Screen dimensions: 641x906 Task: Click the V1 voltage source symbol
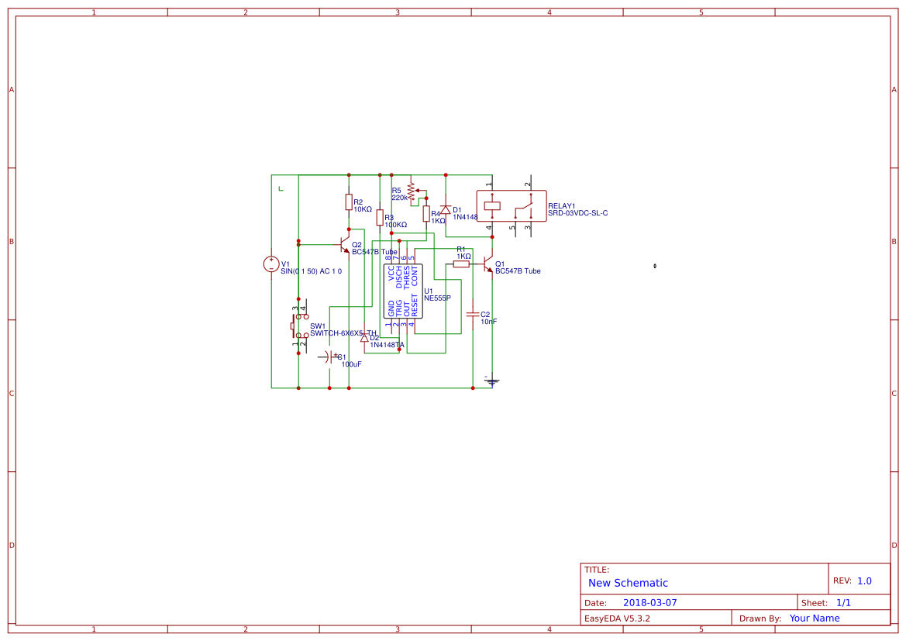(x=271, y=264)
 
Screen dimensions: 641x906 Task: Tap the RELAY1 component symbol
(x=511, y=206)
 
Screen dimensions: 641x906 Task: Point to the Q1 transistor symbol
(x=487, y=264)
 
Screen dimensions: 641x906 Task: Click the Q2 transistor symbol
(x=345, y=246)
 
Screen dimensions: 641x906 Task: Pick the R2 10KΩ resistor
(x=349, y=202)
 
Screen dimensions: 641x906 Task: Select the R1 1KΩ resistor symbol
(x=461, y=264)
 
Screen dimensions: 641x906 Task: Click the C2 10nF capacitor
(x=473, y=314)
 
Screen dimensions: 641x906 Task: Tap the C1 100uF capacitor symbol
(x=329, y=357)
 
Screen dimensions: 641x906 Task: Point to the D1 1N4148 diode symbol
(x=446, y=210)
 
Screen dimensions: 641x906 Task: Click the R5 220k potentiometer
(x=411, y=191)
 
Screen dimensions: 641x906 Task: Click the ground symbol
(x=491, y=381)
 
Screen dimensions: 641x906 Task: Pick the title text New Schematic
(x=628, y=583)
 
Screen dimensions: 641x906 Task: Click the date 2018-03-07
(x=649, y=602)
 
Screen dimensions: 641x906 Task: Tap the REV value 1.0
(x=864, y=581)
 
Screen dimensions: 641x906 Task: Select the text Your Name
(x=815, y=619)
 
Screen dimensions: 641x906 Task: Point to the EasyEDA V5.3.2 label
(x=617, y=619)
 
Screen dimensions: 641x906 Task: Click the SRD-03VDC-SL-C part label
(x=577, y=213)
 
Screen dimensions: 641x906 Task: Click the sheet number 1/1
(x=843, y=602)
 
